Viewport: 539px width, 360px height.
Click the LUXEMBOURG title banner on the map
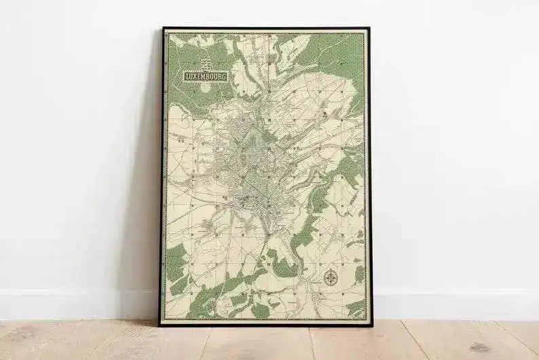tap(206, 77)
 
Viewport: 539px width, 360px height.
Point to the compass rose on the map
tap(331, 277)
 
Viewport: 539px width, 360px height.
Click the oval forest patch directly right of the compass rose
tap(359, 274)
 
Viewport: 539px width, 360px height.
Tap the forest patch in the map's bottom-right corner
tap(356, 308)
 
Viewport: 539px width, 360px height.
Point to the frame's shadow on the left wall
tap(146, 204)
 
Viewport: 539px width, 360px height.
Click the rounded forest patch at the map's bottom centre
tap(260, 310)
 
